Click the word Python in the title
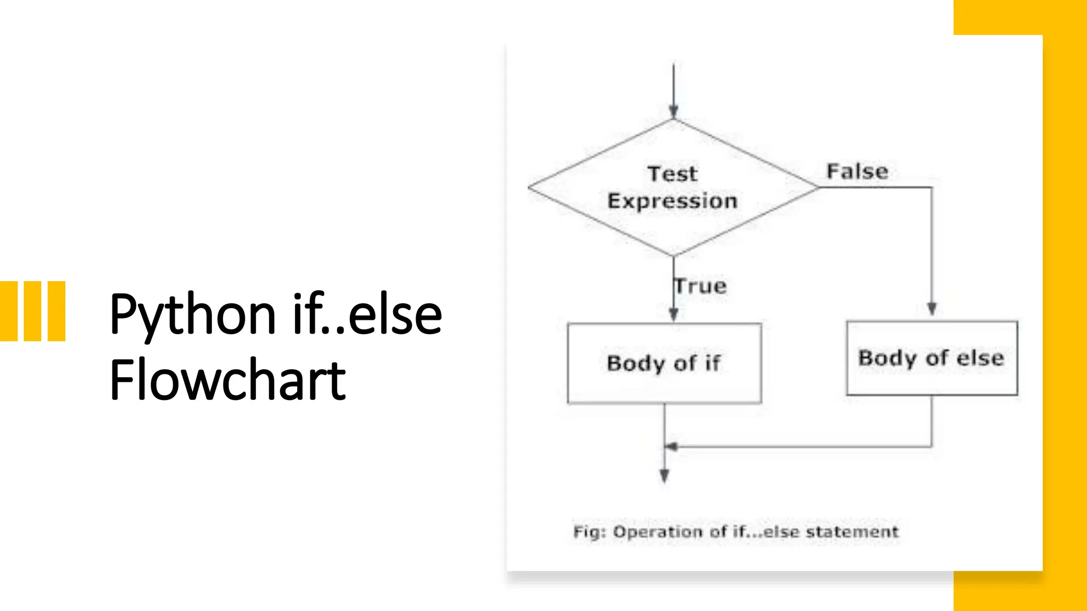tap(193, 315)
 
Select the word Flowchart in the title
tap(228, 380)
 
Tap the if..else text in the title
tap(367, 315)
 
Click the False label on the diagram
tap(857, 171)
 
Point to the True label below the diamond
tap(701, 286)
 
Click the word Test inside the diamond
tap(672, 174)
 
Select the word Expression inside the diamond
tap(672, 202)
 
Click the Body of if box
tap(664, 363)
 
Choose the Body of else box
tap(931, 358)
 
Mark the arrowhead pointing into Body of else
tap(931, 309)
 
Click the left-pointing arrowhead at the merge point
tap(671, 447)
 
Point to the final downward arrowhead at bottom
tap(664, 476)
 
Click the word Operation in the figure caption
tap(658, 532)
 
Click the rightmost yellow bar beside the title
tap(56, 311)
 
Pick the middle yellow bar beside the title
tap(32, 311)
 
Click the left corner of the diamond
tap(530, 187)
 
